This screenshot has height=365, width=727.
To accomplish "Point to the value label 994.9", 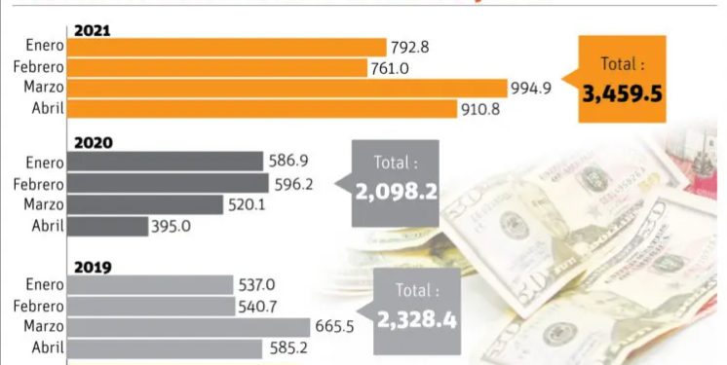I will point(532,89).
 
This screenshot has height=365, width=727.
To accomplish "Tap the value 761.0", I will point(388,67).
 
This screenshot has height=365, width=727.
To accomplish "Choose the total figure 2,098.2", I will point(396,192).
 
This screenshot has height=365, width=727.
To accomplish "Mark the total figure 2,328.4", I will point(416,319).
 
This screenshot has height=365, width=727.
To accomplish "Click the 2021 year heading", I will point(93,31).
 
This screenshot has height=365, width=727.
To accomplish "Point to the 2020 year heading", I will point(93,142).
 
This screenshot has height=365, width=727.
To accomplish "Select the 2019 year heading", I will point(93,267).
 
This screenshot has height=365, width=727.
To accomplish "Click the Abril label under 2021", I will point(49,108).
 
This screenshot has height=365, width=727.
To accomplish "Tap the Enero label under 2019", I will point(45,284).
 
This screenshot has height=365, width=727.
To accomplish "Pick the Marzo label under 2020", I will point(44,204).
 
